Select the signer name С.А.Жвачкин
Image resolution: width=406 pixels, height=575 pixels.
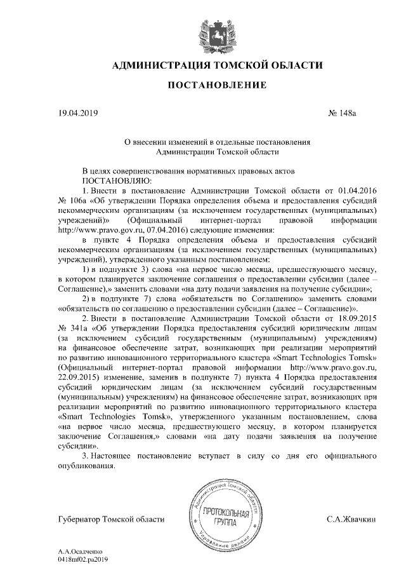coord(351,520)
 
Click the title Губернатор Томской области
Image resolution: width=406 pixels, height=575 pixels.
coord(111,520)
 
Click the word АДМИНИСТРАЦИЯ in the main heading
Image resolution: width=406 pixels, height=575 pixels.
coord(157,65)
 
